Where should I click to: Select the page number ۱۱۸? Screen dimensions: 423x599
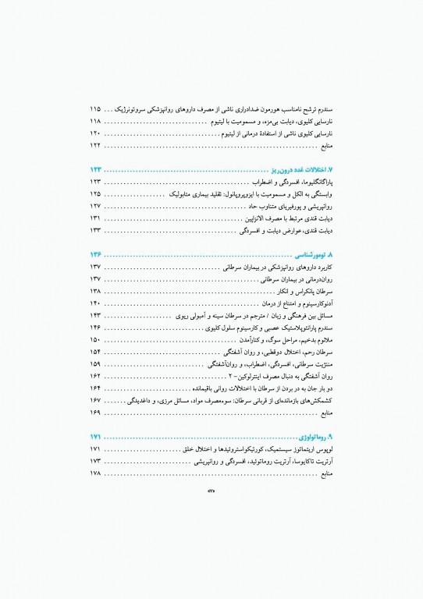96,122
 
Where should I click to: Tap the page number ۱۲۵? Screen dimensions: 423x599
96,193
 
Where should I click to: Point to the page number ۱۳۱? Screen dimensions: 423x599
96,218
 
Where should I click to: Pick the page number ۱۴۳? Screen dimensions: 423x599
96,315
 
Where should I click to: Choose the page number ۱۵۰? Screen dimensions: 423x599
96,339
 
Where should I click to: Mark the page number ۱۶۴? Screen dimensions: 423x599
96,388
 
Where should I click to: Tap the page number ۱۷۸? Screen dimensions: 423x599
96,473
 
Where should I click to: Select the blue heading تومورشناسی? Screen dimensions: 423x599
307,254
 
